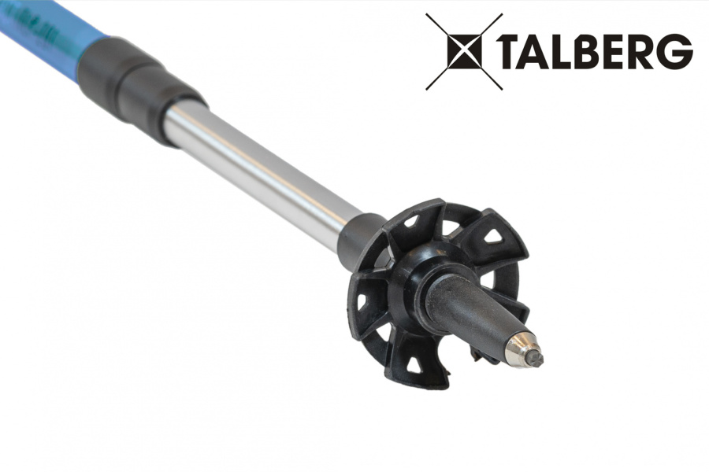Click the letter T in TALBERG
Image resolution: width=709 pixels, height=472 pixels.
[x=518, y=51]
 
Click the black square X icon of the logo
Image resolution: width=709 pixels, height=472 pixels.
[x=464, y=51]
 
